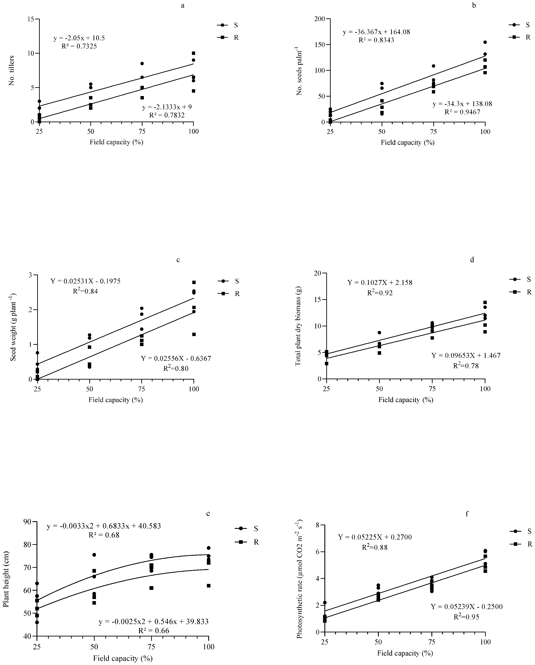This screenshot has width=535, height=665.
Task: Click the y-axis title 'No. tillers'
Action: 12,71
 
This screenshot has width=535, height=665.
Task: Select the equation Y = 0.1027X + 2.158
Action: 380,282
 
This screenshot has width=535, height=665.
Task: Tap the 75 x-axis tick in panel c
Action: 141,389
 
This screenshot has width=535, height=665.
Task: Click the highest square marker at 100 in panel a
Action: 194,53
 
